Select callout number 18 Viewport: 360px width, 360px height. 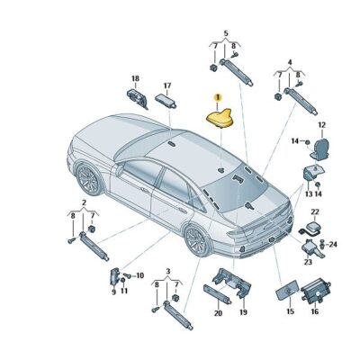[135, 78]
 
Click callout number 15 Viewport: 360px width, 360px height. [290, 310]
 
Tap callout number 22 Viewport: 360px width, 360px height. [315, 211]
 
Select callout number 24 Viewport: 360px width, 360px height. [334, 244]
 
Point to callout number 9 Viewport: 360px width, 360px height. [114, 291]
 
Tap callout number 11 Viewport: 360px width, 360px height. [124, 291]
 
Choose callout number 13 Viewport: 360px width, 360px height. [307, 193]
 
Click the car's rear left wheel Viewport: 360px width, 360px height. [198, 240]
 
